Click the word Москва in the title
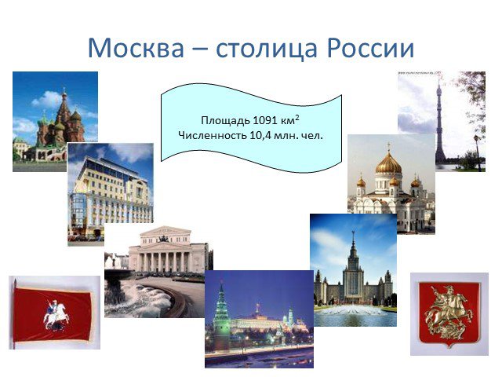pos(136,48)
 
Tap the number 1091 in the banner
pos(265,120)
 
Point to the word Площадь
pos(225,121)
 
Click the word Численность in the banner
pos(213,136)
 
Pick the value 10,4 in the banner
pos(260,136)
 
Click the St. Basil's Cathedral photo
pos(55,122)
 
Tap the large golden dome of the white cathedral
pos(389,163)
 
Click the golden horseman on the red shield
pos(449,312)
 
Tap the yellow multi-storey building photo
pos(111,192)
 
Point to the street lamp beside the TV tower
pos(478,152)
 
